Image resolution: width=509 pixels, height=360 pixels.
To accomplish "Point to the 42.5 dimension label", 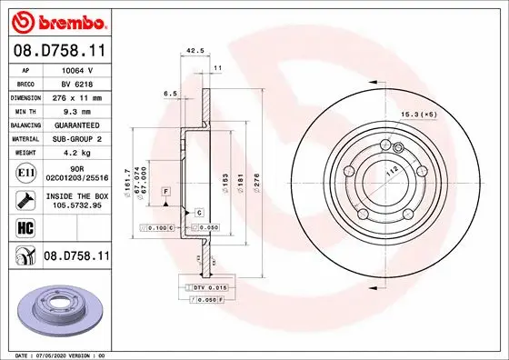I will click(193, 51).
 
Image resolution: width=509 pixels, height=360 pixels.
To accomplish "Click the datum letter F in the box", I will click(167, 192).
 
